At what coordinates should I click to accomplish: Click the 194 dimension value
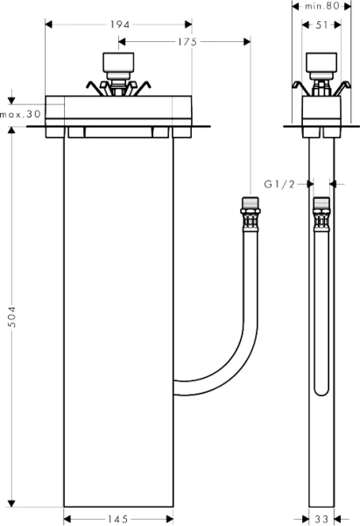[x=116, y=25]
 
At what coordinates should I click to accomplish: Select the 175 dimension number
[x=185, y=41]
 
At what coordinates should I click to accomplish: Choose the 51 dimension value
[x=321, y=25]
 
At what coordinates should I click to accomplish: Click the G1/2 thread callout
[x=277, y=184]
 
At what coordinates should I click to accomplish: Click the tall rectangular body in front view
[x=118, y=316]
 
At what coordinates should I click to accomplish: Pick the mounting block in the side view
[x=321, y=110]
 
